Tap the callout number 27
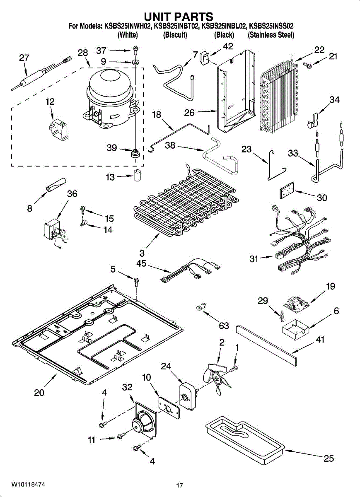24,58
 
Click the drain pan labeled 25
245,437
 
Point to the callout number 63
224,326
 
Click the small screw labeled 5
135,281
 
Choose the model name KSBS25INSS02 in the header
271,26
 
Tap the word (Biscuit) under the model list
175,35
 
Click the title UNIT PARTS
179,17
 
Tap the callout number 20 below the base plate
39,393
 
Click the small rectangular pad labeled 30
287,191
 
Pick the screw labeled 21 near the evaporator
307,65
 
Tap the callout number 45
141,263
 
